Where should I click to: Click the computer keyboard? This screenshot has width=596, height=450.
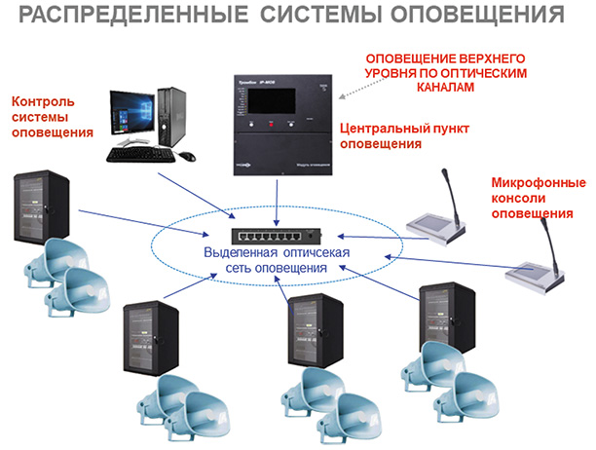141,154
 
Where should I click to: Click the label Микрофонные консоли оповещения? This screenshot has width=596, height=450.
538,199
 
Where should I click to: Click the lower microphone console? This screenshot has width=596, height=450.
535,275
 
